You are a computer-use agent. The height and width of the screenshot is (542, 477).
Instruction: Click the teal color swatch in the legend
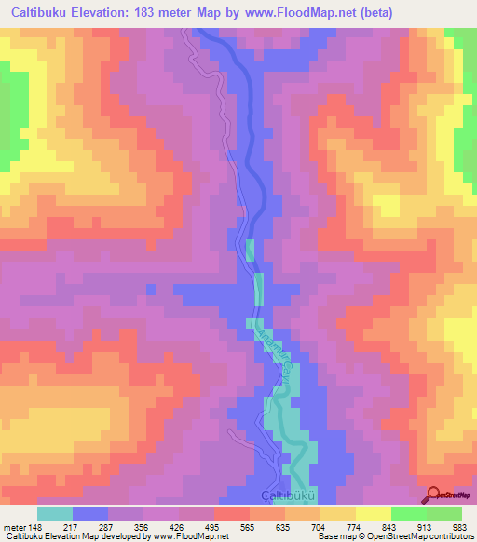click(x=55, y=512)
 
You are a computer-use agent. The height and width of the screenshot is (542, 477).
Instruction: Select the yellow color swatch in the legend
click(x=374, y=512)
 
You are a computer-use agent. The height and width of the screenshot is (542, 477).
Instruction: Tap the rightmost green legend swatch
click(x=444, y=512)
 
